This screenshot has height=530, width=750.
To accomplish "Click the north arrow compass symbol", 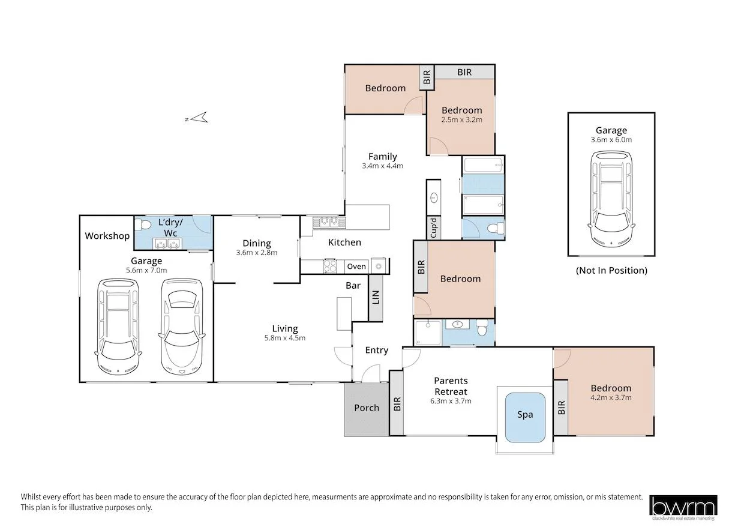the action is click(x=197, y=118).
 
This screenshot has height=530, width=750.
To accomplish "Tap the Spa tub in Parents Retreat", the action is click(x=525, y=417).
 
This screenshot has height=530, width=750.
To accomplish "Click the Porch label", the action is click(x=367, y=408).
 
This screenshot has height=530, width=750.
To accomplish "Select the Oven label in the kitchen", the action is click(x=356, y=267).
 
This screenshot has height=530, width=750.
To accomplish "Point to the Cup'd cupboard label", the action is click(x=434, y=228).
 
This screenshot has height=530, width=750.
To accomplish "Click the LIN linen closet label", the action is click(x=376, y=297).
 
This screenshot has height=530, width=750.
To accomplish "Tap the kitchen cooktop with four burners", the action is click(x=330, y=267).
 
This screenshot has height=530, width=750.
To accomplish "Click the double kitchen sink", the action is click(x=329, y=222).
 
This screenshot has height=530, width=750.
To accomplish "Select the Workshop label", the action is click(x=107, y=236).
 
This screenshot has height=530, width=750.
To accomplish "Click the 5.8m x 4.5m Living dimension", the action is click(x=285, y=338).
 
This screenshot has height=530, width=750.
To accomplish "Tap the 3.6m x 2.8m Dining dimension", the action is click(x=257, y=253).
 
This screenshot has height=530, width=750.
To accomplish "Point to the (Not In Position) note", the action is click(x=611, y=270).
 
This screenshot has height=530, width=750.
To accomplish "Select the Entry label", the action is click(x=377, y=351).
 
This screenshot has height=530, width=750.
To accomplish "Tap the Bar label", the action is click(x=353, y=286).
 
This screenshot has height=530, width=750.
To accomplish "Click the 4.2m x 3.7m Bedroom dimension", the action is click(x=611, y=398).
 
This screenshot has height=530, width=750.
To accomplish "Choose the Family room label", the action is click(x=383, y=157).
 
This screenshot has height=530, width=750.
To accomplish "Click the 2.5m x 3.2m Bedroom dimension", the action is click(x=462, y=119).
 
